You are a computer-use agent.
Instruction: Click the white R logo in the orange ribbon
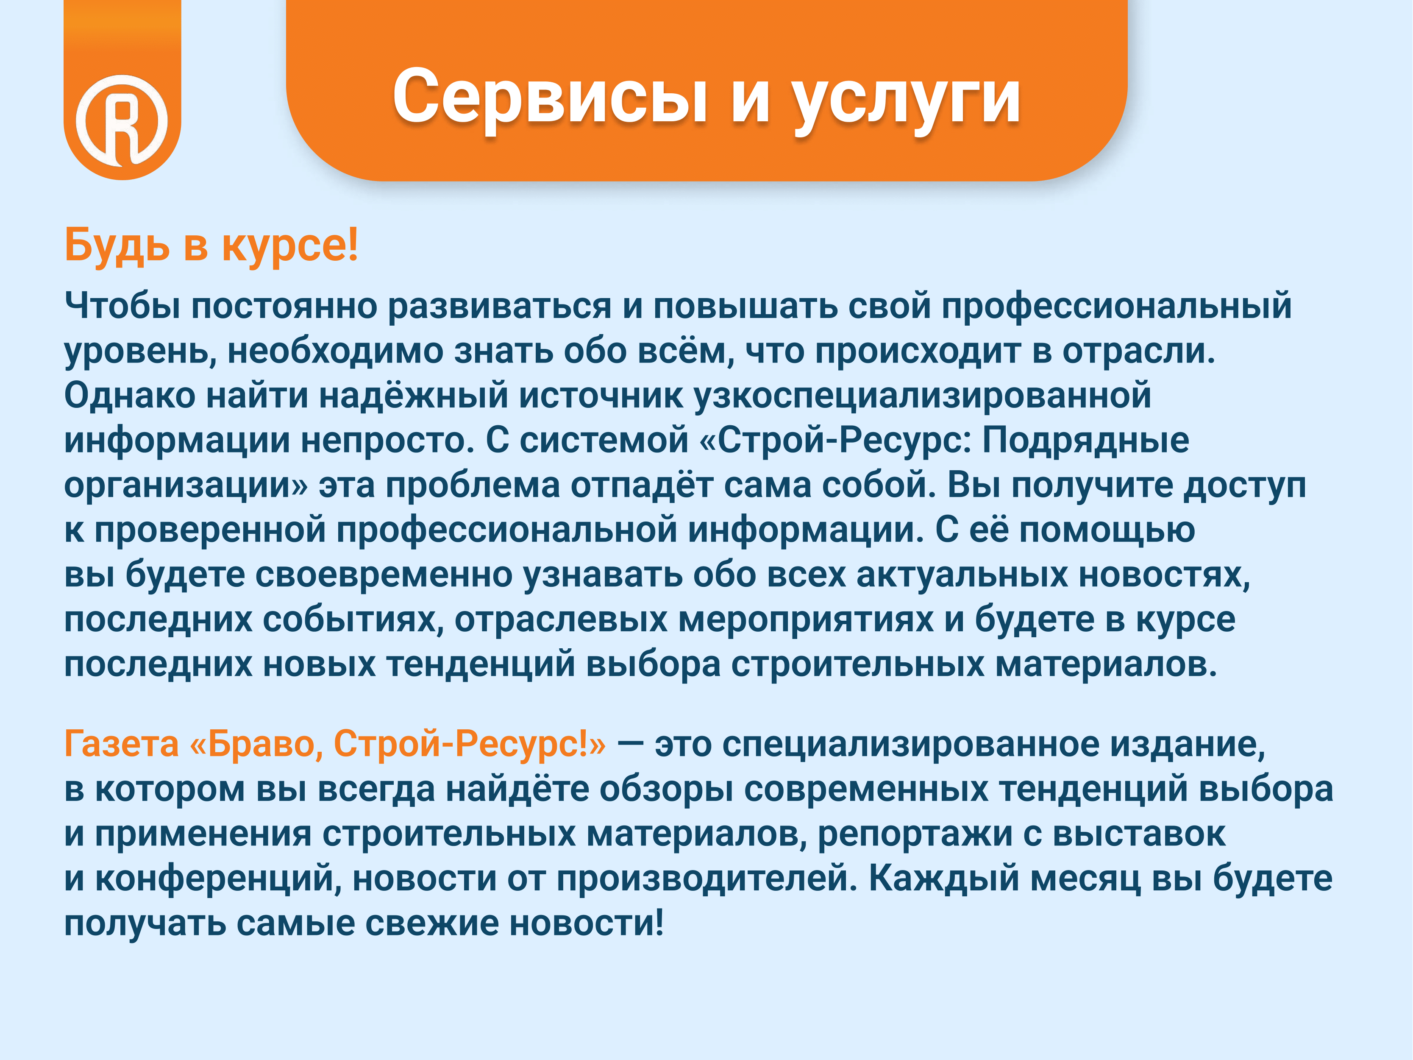pyautogui.click(x=122, y=120)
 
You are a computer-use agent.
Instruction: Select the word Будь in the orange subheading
pyautogui.click(x=117, y=245)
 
